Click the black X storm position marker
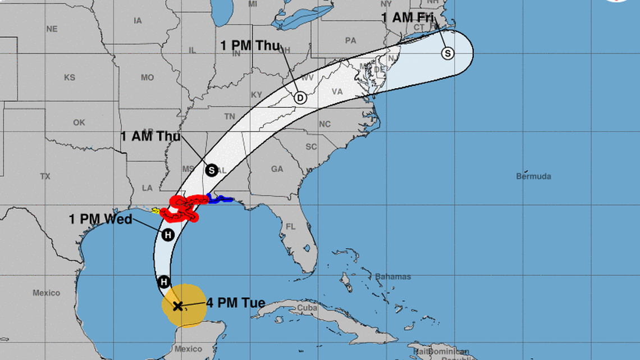(177, 306)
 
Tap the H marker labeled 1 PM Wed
(168, 235)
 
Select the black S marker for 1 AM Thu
(211, 170)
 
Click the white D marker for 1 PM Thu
(300, 98)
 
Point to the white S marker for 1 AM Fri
(447, 53)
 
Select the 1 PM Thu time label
(250, 45)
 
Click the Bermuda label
(533, 176)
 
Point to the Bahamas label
(393, 277)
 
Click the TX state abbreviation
(45, 176)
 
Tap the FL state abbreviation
(290, 227)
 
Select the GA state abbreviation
(277, 168)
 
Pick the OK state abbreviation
(79, 122)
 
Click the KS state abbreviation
(70, 78)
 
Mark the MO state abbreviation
(147, 78)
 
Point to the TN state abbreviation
(230, 116)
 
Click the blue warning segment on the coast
(220, 198)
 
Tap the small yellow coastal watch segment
(154, 211)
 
